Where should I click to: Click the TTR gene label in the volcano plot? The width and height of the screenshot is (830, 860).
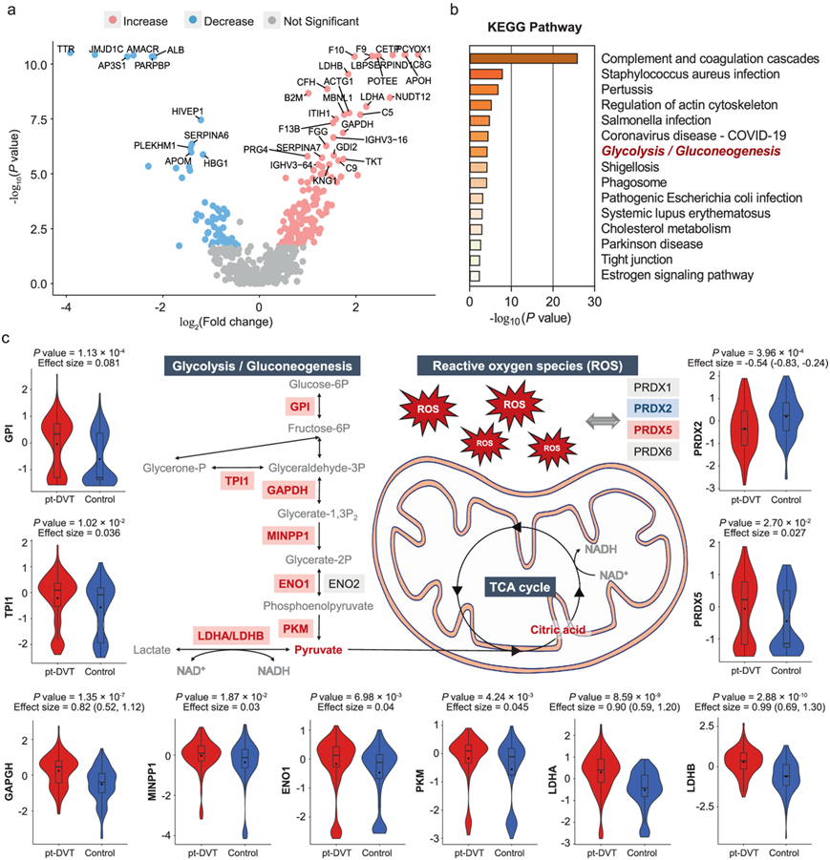point(65,47)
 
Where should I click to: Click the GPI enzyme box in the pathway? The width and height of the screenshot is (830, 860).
point(301,406)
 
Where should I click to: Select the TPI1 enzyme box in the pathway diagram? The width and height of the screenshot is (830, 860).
point(235,480)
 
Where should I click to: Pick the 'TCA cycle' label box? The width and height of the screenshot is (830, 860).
point(519,587)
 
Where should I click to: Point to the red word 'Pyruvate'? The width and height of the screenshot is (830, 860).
point(319,651)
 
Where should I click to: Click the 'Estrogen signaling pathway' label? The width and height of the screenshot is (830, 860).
point(677,276)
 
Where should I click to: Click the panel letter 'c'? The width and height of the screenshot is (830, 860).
point(9,339)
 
